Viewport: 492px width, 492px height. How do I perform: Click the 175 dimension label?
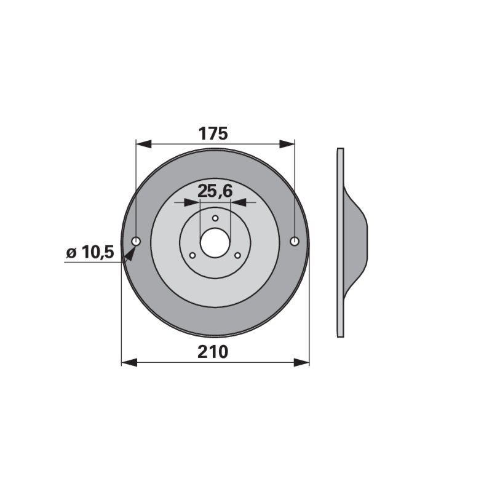[213, 133]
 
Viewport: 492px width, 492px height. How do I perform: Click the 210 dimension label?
[213, 352]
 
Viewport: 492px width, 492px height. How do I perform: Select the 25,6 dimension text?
[215, 191]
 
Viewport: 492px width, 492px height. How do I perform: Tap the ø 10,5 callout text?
[90, 252]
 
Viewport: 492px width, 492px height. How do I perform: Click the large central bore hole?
[215, 242]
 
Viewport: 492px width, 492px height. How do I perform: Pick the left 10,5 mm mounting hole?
[136, 241]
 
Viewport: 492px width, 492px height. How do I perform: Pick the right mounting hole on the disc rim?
[295, 241]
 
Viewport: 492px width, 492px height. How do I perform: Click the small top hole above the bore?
[215, 218]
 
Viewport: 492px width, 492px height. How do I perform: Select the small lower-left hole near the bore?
[192, 255]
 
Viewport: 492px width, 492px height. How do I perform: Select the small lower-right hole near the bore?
[237, 255]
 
